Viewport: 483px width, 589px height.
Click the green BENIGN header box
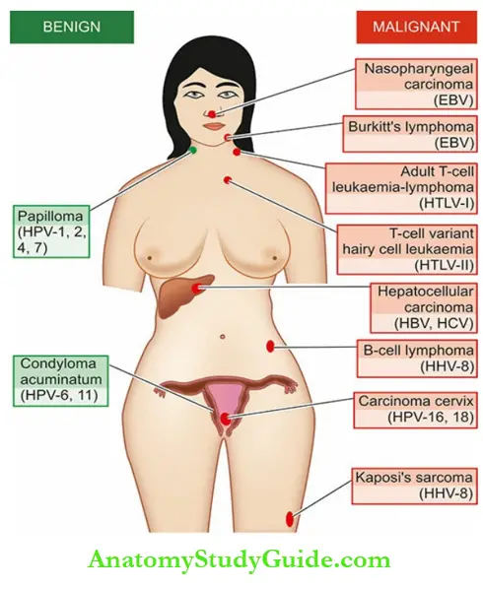72,27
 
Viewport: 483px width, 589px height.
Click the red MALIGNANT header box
416,27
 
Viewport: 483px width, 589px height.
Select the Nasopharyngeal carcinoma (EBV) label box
416,84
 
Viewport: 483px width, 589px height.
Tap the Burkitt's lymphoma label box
410,134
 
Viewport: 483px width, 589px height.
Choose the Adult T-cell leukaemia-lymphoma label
401,188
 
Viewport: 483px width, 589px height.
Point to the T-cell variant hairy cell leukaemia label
407,249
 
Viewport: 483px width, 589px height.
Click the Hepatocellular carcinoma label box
424,307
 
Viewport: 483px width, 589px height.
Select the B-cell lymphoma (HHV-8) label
417,358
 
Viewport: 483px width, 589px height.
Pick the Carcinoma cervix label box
415,410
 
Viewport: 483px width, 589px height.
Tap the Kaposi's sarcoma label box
414,486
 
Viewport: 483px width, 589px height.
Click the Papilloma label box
51,231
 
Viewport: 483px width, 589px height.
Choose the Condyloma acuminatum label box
61,381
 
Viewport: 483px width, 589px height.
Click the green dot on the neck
192,151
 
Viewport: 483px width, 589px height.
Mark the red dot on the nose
212,114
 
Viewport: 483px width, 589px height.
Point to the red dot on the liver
196,289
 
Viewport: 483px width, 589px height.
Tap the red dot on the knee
290,519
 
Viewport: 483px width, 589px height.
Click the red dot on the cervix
225,419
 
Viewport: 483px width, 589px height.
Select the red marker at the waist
270,347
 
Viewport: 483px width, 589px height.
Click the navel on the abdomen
223,337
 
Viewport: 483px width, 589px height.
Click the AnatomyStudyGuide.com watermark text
240,561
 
